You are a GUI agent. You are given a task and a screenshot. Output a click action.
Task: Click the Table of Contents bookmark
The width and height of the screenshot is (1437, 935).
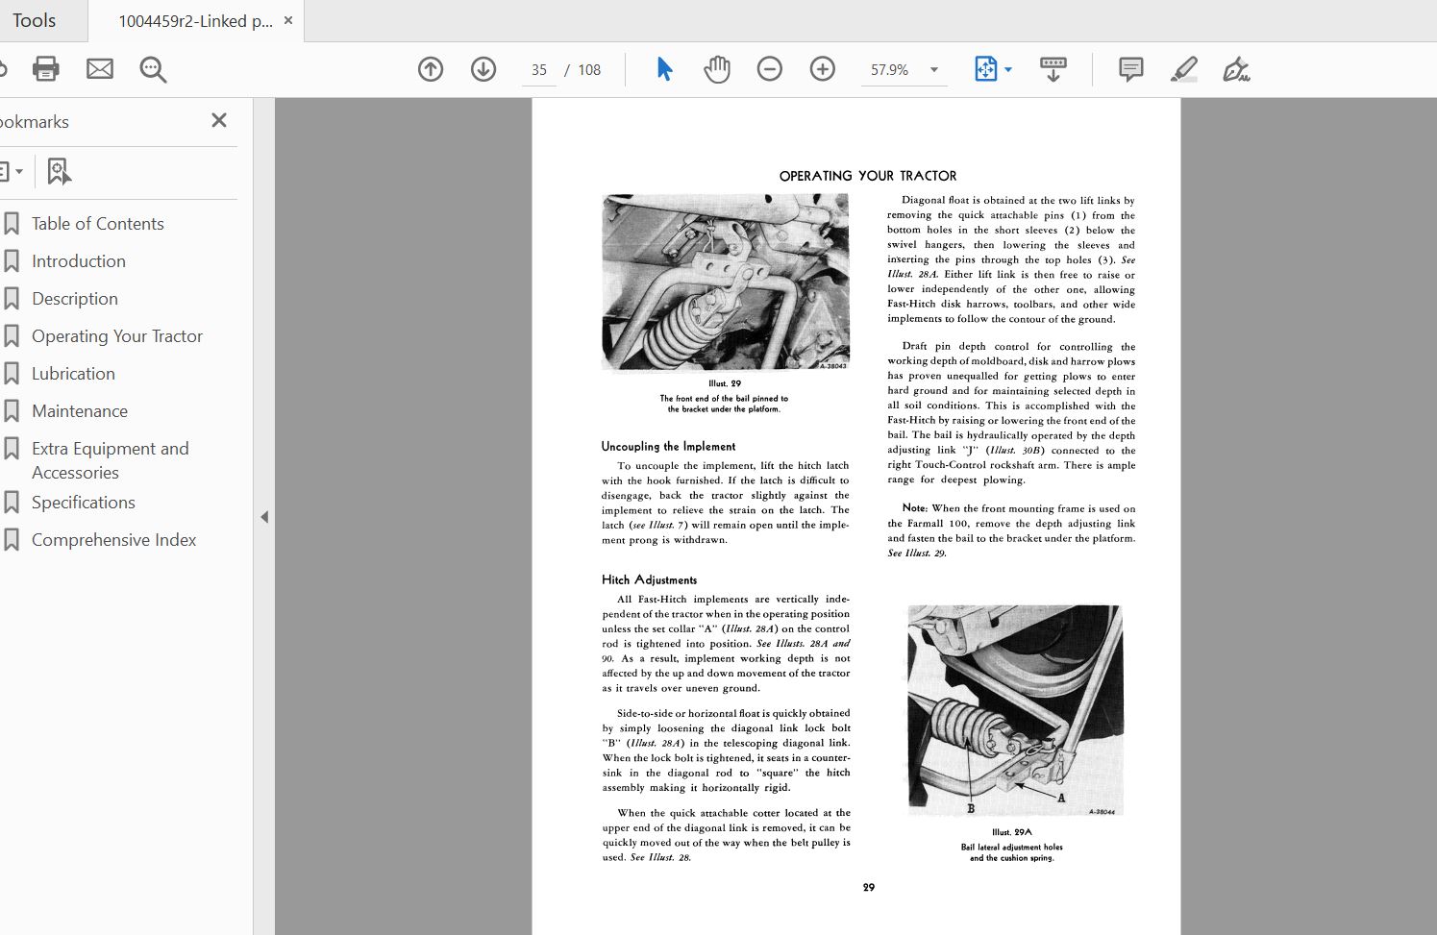[x=97, y=224]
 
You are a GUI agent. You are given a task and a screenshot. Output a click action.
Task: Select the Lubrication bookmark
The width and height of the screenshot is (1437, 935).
[x=73, y=374]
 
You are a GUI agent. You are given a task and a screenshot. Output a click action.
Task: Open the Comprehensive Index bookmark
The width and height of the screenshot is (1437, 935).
[x=113, y=540]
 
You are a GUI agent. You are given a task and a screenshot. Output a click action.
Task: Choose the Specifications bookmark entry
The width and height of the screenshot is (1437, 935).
[x=83, y=503]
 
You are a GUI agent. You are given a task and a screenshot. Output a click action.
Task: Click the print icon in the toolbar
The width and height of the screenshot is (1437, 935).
[x=45, y=69]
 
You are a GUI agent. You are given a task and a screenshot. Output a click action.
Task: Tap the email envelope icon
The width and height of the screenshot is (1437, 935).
[x=100, y=69]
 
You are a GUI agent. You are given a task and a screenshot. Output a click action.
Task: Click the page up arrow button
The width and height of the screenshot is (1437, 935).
[x=431, y=69]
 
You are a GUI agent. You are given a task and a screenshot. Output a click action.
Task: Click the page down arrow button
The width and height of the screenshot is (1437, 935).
[x=483, y=69]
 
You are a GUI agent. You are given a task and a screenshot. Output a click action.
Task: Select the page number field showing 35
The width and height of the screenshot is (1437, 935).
[x=538, y=70]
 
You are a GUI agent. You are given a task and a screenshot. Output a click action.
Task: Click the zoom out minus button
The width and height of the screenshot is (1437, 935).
[x=769, y=69]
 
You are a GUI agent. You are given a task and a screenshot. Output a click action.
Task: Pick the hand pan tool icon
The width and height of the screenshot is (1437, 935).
[x=716, y=69]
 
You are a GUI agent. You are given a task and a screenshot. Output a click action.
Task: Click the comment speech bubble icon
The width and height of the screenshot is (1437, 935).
[x=1130, y=69]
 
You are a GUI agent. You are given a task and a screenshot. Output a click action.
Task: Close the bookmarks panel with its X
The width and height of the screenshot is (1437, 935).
[x=219, y=120]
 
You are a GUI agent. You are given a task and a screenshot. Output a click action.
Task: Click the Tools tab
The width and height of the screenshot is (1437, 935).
[x=35, y=20]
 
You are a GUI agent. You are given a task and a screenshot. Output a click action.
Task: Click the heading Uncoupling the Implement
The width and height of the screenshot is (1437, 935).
[x=668, y=447]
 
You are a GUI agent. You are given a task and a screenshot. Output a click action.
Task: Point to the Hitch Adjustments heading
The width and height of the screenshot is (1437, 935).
[x=649, y=580]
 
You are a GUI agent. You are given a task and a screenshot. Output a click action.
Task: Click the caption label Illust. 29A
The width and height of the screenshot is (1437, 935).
[x=1011, y=832]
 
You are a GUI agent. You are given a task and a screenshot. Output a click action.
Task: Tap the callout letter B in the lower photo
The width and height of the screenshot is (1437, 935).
[x=971, y=808]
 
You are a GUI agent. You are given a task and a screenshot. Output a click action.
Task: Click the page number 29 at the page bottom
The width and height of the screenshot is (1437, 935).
[x=869, y=888]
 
